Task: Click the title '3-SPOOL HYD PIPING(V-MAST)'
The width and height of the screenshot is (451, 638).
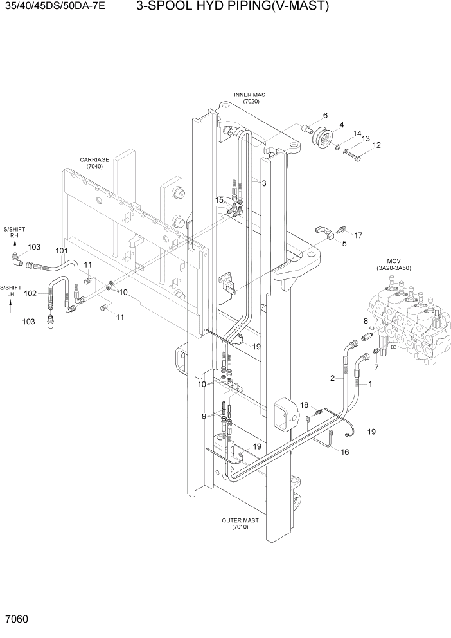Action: click(x=233, y=7)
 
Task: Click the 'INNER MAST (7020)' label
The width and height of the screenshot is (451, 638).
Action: click(x=251, y=98)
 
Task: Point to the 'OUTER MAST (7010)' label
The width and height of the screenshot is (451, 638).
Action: click(x=241, y=524)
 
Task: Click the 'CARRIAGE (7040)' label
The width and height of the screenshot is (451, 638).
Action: click(x=95, y=163)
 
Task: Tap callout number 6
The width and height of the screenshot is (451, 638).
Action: click(x=325, y=116)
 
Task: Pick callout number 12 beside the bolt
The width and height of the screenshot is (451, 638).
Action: click(x=376, y=145)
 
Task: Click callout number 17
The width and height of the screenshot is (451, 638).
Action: click(x=358, y=235)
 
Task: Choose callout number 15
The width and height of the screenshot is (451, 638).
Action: click(x=219, y=200)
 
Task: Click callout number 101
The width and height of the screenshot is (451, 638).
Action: click(x=62, y=250)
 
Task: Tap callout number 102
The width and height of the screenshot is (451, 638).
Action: click(x=30, y=293)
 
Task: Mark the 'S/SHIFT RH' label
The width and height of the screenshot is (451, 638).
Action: click(x=14, y=232)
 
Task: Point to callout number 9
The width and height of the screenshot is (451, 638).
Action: click(x=204, y=416)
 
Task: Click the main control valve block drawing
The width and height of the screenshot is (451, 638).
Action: click(x=405, y=322)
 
